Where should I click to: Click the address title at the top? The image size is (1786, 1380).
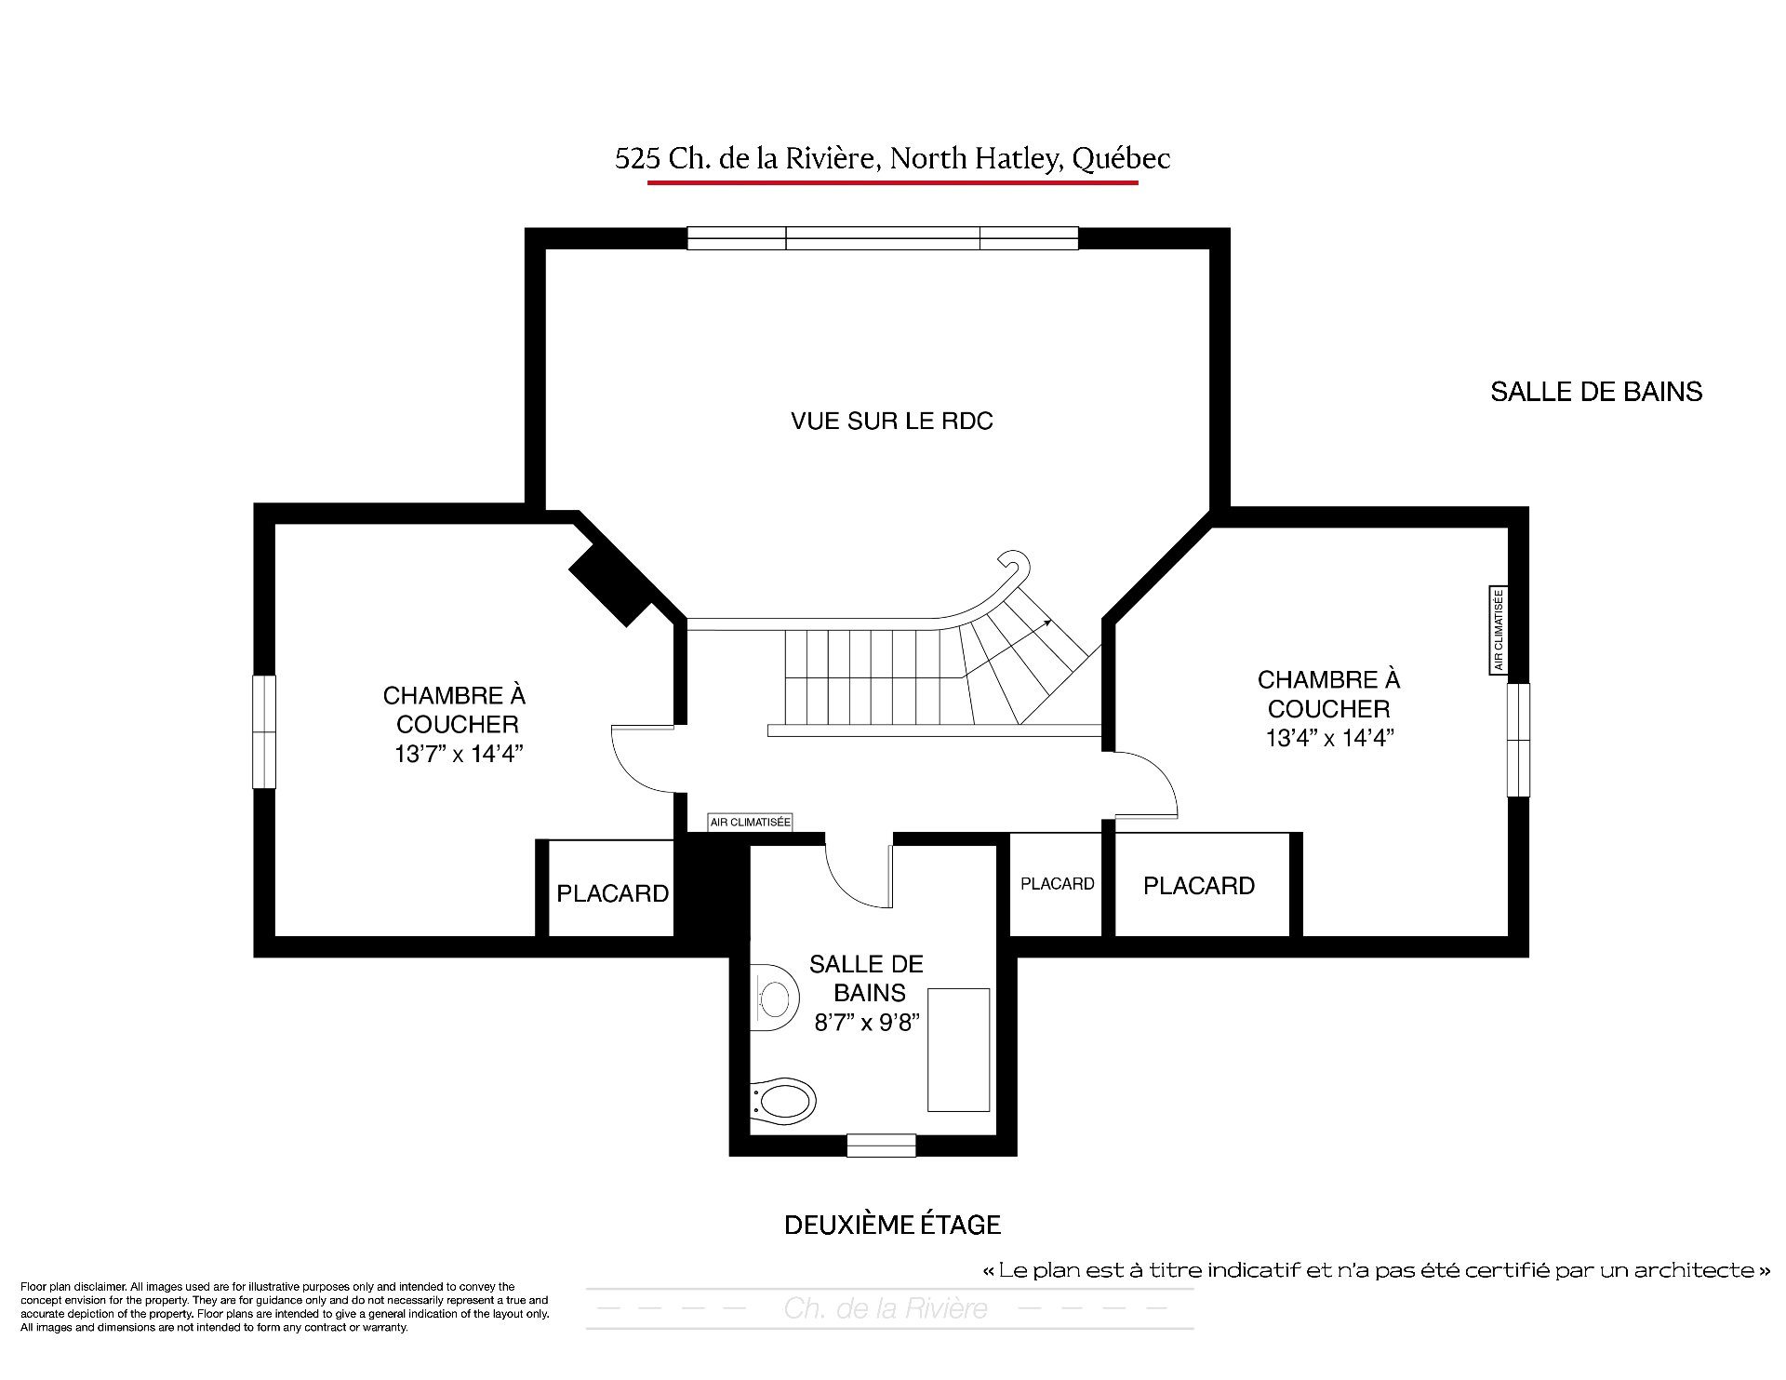[892, 159]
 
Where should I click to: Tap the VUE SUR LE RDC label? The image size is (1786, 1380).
[892, 422]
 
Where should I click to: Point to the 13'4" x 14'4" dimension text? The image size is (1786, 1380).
[1329, 738]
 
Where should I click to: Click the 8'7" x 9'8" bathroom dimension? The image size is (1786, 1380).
[868, 1023]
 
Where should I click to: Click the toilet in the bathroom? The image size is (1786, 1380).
[782, 1104]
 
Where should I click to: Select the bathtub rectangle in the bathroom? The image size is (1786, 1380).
[958, 1050]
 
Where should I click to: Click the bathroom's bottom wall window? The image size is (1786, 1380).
[882, 1145]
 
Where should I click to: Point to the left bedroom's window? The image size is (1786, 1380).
[265, 732]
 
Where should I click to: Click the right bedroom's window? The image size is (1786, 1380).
[1518, 740]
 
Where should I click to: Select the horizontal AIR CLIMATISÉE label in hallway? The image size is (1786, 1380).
[750, 823]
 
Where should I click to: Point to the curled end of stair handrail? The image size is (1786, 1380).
[1016, 564]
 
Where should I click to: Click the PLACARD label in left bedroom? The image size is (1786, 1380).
[612, 894]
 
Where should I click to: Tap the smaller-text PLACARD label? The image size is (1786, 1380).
[1058, 884]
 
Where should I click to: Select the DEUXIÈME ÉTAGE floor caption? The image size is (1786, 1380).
[892, 1225]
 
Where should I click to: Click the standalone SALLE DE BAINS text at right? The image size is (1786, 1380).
[1596, 392]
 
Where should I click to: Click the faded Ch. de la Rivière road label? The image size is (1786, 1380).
[886, 1309]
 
